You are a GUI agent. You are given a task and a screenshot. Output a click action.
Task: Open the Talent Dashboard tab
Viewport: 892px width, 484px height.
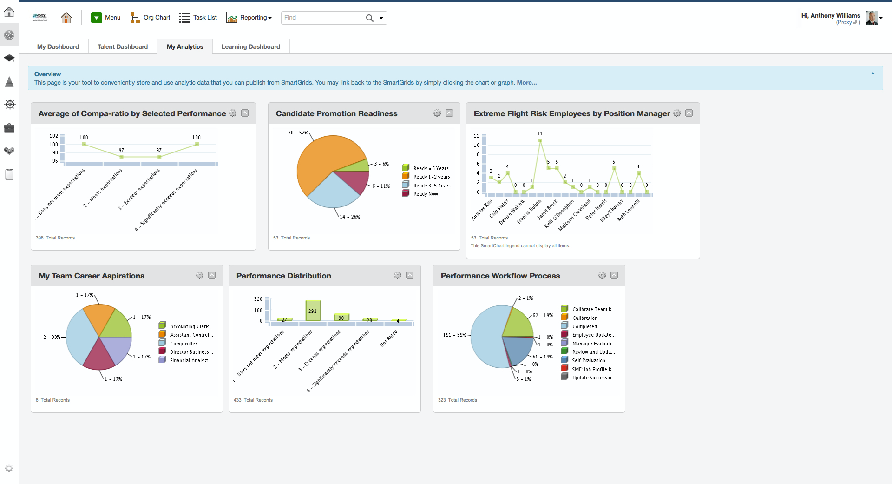[122, 46]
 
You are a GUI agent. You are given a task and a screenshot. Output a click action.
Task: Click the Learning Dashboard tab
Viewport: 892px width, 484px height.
[250, 46]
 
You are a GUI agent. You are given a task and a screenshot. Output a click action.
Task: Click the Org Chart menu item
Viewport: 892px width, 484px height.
[151, 18]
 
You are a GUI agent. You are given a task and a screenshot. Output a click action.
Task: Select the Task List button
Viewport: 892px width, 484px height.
[198, 18]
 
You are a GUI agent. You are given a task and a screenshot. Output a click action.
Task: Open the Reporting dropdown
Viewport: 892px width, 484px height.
[249, 18]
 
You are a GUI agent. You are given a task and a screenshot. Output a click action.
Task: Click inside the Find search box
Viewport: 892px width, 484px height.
[323, 18]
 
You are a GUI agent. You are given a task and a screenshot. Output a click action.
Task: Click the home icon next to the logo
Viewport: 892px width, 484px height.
[66, 18]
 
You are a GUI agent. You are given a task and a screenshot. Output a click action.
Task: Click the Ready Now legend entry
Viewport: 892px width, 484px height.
[425, 194]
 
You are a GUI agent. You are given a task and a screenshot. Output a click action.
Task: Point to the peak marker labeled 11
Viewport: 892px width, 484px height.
[540, 140]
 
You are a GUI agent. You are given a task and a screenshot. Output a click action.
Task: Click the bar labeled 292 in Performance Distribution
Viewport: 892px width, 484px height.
[313, 310]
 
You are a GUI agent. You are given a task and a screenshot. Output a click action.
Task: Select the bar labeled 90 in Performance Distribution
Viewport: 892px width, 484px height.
[341, 317]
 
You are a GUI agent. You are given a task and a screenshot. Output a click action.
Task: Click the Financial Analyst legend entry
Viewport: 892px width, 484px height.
[189, 360]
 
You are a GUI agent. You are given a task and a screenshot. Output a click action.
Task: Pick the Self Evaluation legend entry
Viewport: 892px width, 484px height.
[588, 360]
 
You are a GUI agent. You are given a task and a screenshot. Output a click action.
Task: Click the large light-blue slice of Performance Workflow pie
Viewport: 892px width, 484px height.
[485, 339]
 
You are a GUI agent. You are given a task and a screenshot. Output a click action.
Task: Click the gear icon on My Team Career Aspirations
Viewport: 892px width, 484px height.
[200, 275]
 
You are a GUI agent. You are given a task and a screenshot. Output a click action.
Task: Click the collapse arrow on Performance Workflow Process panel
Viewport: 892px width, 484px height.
[614, 275]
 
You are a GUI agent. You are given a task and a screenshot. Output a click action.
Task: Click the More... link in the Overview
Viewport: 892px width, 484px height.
[526, 83]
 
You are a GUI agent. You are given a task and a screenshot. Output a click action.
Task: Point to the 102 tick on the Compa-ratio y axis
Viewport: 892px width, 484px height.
[54, 136]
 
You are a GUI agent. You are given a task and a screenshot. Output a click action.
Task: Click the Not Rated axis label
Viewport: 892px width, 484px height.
[388, 338]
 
